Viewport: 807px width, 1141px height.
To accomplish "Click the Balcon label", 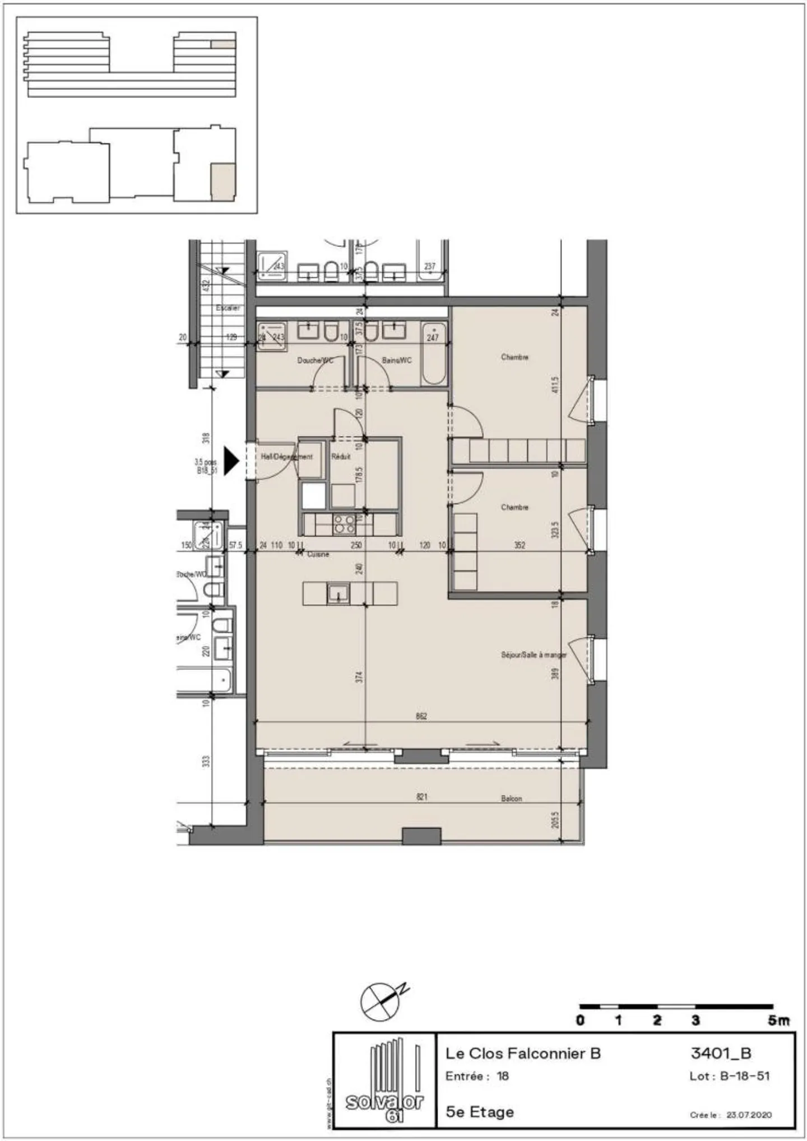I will click(511, 798).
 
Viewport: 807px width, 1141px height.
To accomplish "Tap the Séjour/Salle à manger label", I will click(533, 654).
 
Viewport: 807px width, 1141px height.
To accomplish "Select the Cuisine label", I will click(318, 554).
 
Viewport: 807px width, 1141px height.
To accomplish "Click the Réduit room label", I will click(341, 456).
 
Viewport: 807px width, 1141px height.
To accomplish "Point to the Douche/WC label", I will click(315, 360).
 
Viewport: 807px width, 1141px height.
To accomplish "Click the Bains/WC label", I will click(397, 360).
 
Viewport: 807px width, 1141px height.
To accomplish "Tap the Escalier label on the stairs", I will click(228, 308).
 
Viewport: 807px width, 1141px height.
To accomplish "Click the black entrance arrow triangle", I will click(231, 461).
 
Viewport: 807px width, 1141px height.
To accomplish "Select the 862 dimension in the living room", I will click(421, 716).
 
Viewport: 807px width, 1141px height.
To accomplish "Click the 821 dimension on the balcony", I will click(421, 797).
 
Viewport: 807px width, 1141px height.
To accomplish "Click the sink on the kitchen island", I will click(338, 593).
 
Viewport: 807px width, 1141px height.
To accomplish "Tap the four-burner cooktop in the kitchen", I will click(344, 524).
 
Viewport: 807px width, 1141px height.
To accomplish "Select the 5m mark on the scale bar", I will click(778, 1021).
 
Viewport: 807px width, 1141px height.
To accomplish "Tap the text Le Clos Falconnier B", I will click(522, 1054).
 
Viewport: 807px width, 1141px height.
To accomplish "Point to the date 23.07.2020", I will click(749, 1115).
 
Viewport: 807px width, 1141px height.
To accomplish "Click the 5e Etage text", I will click(479, 1112).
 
